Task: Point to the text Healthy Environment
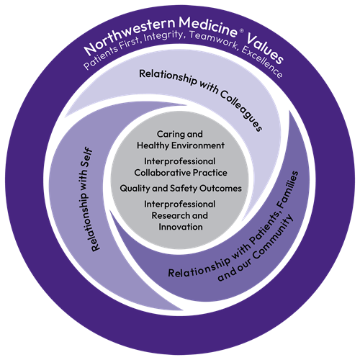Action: [180, 145]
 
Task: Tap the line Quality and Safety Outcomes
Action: [180, 189]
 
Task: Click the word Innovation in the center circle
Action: [180, 227]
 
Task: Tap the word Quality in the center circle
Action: [138, 189]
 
